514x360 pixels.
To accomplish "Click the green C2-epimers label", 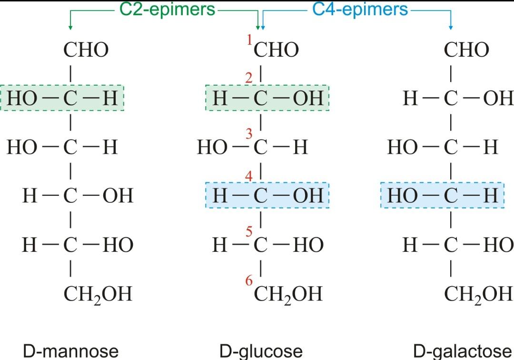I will coord(164,10).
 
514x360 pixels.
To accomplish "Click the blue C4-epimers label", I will coord(360,10).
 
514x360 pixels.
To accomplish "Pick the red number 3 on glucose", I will coord(248,134).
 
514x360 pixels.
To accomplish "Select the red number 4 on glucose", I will coord(248,176).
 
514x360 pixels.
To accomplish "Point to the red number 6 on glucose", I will coord(249,281).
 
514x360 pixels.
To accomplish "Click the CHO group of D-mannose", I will coord(86,50).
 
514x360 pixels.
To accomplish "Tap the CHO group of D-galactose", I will coord(466,50).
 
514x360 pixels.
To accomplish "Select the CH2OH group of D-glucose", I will coord(288,294).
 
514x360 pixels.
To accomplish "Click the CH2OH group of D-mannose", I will coord(98,294).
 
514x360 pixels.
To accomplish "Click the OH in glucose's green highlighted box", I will coord(308,99).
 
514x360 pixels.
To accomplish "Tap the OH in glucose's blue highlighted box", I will coord(308,196).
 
